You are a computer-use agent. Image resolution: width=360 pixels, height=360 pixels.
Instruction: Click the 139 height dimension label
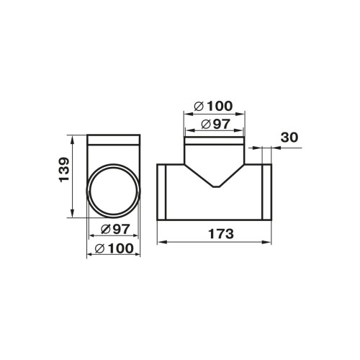(64, 170)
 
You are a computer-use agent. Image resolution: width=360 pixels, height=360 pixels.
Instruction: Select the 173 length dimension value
(221, 234)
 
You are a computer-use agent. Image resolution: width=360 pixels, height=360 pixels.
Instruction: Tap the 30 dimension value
(289, 138)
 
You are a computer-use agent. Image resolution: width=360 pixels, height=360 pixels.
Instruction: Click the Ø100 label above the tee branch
(213, 106)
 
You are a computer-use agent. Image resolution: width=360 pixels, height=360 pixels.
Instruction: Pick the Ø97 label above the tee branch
(215, 124)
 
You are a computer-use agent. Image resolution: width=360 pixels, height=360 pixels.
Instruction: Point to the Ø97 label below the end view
(115, 229)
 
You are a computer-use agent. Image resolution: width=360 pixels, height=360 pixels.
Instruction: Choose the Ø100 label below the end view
(114, 248)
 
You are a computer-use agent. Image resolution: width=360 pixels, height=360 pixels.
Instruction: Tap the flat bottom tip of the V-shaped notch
(217, 186)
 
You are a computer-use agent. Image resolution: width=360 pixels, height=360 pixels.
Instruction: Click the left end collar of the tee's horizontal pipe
(161, 192)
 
